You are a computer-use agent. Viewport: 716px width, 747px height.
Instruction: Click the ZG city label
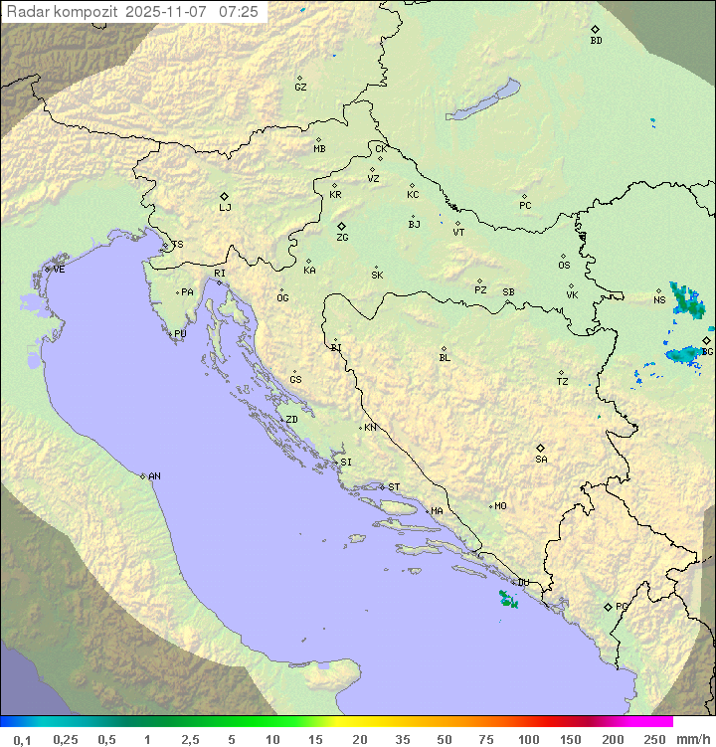pyautogui.click(x=342, y=238)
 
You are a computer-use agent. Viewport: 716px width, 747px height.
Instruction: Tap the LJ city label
pyautogui.click(x=225, y=208)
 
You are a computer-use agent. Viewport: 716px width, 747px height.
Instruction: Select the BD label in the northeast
pyautogui.click(x=596, y=41)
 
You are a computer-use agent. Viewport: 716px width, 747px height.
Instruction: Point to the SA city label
pyautogui.click(x=541, y=460)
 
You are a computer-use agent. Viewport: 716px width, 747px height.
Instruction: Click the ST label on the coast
pyautogui.click(x=394, y=487)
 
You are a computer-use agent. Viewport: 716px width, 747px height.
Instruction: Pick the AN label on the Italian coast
pyautogui.click(x=154, y=476)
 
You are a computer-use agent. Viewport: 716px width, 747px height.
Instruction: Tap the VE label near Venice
pyautogui.click(x=59, y=270)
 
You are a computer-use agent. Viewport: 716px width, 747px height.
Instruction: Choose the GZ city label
pyautogui.click(x=300, y=88)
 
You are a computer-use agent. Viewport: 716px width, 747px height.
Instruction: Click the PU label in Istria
pyautogui.click(x=180, y=334)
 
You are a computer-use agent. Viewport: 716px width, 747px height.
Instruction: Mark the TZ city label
pyautogui.click(x=563, y=382)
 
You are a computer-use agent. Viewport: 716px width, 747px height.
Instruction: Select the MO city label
pyautogui.click(x=500, y=506)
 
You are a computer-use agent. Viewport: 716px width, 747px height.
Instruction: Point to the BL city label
pyautogui.click(x=445, y=358)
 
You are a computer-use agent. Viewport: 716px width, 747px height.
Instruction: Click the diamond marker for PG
pyautogui.click(x=608, y=607)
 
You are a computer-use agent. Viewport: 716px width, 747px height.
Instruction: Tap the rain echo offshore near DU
pyautogui.click(x=508, y=599)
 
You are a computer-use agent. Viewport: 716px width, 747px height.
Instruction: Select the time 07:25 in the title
pyautogui.click(x=239, y=12)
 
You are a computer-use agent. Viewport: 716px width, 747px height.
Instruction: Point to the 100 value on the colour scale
pyautogui.click(x=528, y=739)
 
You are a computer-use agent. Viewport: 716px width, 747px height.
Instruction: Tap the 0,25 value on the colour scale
pyautogui.click(x=66, y=739)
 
